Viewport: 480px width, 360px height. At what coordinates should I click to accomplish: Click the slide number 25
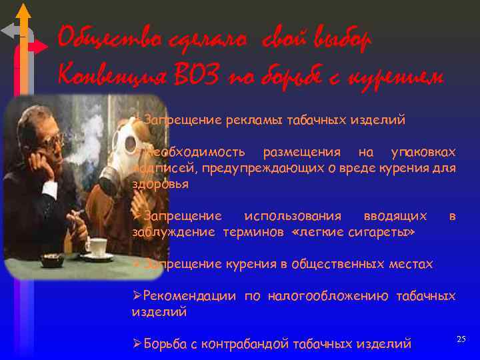pos(461,340)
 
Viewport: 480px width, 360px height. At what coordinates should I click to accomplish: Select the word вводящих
pos(395,216)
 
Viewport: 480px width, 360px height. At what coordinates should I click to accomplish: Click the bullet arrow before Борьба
pos(137,343)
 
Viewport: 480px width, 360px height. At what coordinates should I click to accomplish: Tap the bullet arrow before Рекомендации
pos(137,295)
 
